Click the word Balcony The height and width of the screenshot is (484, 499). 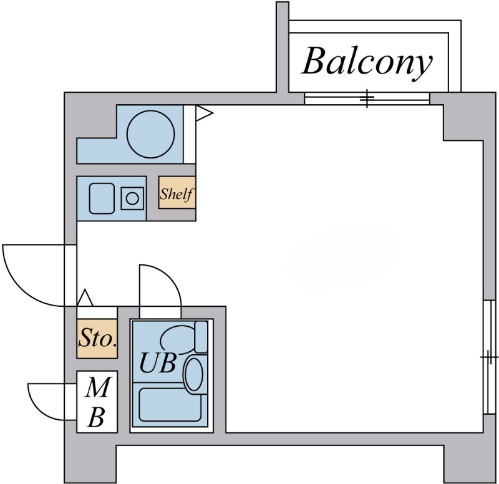(x=367, y=62)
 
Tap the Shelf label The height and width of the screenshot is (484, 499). (x=177, y=194)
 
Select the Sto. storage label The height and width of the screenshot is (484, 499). (x=97, y=341)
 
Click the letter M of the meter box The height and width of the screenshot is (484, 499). (x=97, y=390)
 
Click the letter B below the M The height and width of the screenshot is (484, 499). (x=96, y=417)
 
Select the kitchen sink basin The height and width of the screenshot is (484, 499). (x=101, y=198)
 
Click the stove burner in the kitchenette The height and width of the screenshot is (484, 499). (x=132, y=198)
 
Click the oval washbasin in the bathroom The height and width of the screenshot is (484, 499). (x=195, y=374)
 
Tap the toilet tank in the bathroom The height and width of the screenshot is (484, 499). (x=201, y=337)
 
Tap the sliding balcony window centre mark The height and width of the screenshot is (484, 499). (x=367, y=99)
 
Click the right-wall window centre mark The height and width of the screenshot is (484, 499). (x=490, y=357)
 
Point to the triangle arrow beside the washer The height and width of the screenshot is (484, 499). (x=204, y=113)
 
